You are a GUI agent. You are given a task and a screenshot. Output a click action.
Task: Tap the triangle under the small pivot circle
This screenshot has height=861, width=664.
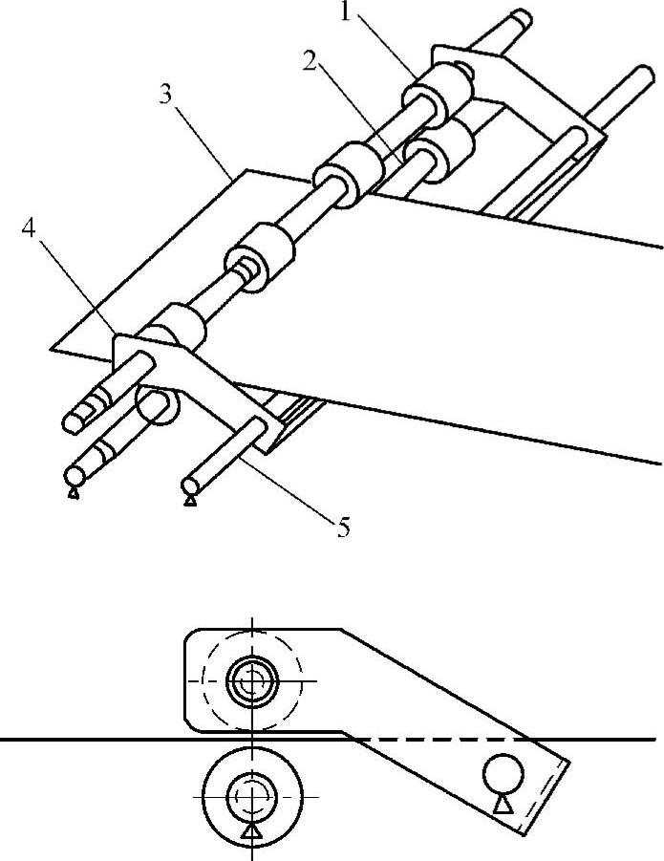[x=503, y=804]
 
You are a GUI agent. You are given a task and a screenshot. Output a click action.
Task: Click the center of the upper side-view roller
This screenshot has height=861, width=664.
[x=251, y=680]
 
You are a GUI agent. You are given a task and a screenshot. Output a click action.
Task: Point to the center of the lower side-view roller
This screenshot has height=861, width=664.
[x=251, y=793]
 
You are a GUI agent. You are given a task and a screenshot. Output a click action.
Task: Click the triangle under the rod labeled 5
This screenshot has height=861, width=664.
[x=190, y=498]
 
